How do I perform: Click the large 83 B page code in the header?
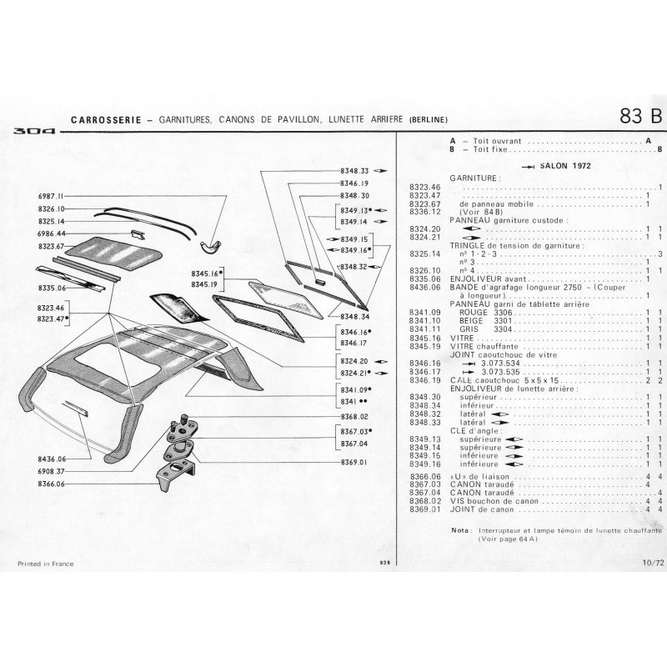[x=639, y=117]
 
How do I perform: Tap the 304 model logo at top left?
[x=31, y=131]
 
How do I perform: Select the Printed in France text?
[x=45, y=564]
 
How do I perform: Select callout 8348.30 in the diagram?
[x=354, y=195]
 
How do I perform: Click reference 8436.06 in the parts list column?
[x=424, y=288]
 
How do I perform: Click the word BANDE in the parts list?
[x=464, y=288]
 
